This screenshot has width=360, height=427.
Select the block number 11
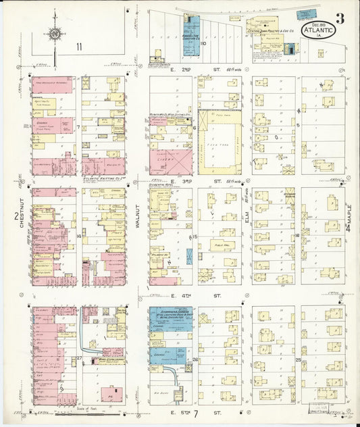79,47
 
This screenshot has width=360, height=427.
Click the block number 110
203,43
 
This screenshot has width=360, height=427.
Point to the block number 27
79,357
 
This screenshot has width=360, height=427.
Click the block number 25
298,360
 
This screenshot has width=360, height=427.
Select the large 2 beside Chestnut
15,216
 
